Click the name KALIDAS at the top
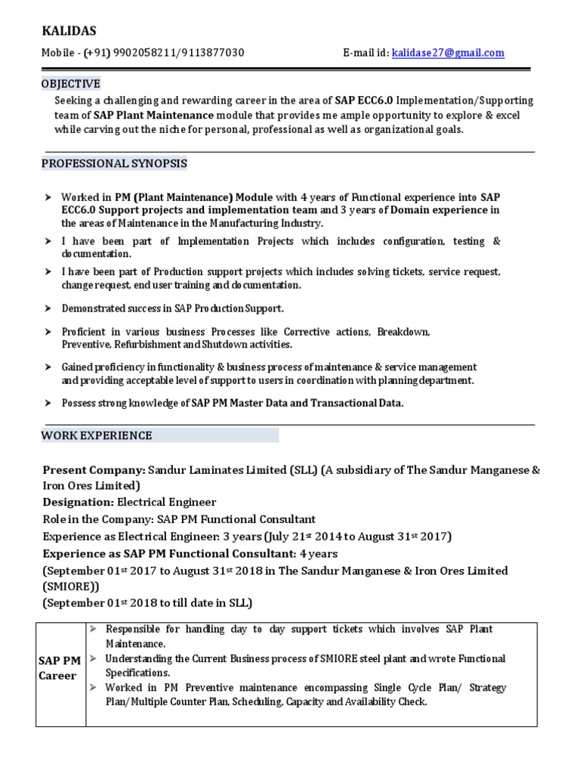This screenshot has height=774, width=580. click(69, 30)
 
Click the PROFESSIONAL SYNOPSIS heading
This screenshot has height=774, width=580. click(114, 163)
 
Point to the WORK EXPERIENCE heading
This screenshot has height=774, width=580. click(97, 435)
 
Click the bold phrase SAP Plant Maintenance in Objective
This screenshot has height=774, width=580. click(153, 115)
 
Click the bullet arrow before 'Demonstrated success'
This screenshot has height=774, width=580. click(47, 308)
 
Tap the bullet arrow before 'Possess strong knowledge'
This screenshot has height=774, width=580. click(47, 403)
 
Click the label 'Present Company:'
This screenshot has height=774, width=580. click(94, 469)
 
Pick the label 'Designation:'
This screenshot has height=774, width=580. click(78, 502)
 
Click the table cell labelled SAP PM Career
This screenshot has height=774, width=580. click(60, 668)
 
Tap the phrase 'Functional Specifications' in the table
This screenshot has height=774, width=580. click(305, 666)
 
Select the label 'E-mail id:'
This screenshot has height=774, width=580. click(366, 53)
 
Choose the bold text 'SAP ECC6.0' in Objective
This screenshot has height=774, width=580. click(364, 101)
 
